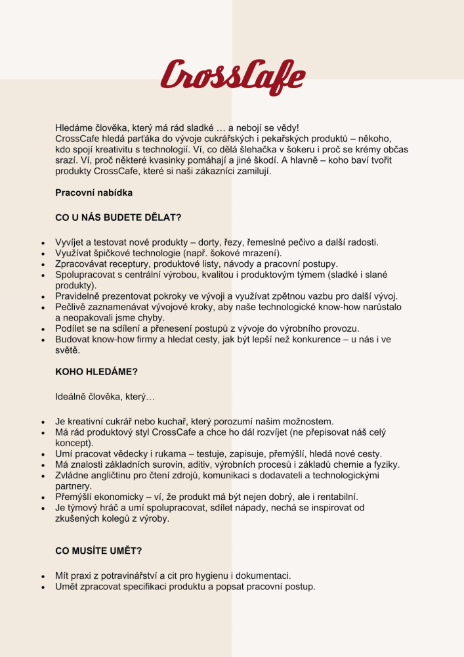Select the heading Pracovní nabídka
click(x=94, y=193)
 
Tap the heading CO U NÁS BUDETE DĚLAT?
click(x=118, y=217)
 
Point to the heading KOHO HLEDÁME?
click(x=96, y=371)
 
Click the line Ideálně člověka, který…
click(x=106, y=396)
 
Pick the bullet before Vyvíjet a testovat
click(x=43, y=243)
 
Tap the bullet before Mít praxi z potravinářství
click(x=43, y=576)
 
